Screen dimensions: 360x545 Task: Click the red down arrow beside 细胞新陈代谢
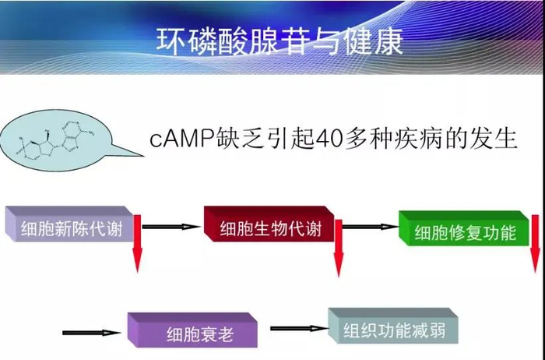point(138,244)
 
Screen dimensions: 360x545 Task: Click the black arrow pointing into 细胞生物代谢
point(171,227)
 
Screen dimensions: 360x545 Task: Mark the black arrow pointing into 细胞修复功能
point(371,228)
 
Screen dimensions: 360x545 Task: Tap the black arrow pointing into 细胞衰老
point(91,332)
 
